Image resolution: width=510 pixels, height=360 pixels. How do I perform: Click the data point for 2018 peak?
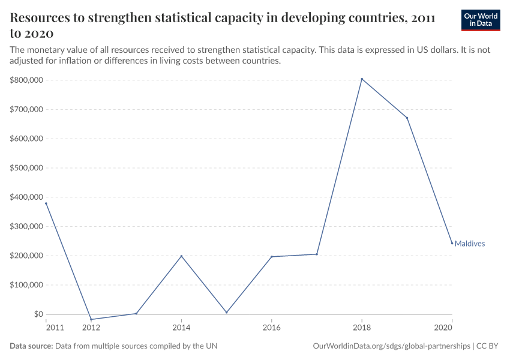(362, 79)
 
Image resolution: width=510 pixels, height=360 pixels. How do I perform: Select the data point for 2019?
(407, 118)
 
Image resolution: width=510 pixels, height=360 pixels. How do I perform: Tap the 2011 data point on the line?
(46, 203)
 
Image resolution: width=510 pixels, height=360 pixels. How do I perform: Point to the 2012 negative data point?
(91, 319)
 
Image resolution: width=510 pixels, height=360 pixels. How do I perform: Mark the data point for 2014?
(181, 256)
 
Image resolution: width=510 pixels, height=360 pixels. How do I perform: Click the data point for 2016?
(272, 257)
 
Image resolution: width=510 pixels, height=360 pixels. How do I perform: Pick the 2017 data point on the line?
(317, 254)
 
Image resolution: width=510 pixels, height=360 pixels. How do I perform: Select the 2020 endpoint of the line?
(452, 243)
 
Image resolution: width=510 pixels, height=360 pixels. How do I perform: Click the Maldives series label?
(470, 244)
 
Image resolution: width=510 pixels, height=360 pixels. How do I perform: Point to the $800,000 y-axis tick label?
(26, 80)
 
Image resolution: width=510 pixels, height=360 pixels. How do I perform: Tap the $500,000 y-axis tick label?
(26, 168)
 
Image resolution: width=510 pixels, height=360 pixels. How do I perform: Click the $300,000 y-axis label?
(26, 226)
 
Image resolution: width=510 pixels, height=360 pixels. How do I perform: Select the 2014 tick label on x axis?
(181, 328)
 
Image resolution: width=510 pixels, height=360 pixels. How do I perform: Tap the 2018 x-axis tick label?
(362, 328)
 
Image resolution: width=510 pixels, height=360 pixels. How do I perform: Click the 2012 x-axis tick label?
(91, 328)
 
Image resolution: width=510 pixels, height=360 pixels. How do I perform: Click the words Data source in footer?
(31, 346)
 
